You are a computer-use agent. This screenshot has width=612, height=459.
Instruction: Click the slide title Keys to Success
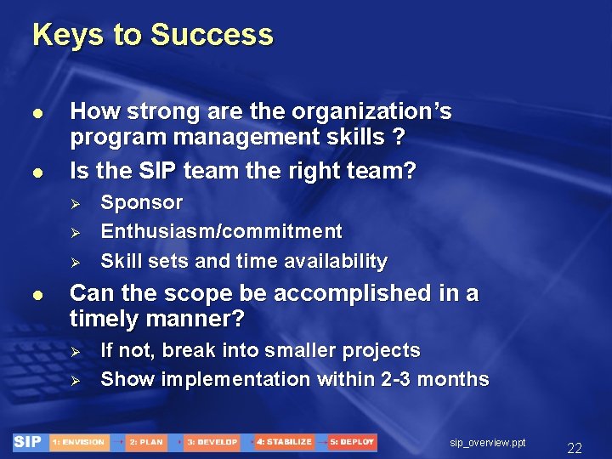153,36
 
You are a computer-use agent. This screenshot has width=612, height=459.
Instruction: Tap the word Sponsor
141,203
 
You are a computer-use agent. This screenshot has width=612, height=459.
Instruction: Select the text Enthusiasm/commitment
221,232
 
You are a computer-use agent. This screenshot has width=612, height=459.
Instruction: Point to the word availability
339,261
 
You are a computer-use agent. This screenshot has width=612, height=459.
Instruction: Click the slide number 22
575,448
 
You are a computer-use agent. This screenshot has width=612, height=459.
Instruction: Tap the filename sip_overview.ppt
488,443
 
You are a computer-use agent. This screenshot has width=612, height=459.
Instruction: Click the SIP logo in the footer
28,442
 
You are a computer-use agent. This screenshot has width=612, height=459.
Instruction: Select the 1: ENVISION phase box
78,442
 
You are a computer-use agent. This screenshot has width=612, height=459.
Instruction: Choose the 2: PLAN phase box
145,442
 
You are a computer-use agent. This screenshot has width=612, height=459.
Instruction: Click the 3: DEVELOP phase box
212,442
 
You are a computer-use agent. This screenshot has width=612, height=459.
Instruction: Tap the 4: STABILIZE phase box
284,442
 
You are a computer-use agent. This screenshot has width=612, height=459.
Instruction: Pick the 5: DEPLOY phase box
352,442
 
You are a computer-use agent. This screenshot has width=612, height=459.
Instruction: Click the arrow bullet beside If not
74,351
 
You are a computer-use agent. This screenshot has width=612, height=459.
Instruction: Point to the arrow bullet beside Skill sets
74,262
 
